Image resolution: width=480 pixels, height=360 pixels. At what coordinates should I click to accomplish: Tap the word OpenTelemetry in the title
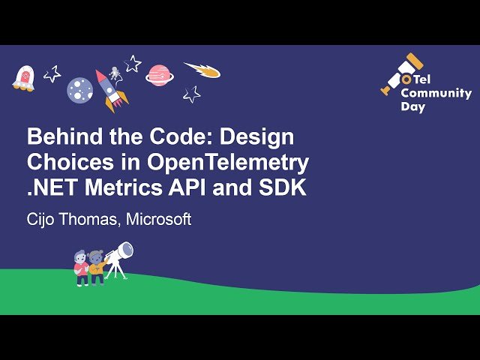[x=228, y=163]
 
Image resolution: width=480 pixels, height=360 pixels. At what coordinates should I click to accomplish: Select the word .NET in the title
[x=52, y=187]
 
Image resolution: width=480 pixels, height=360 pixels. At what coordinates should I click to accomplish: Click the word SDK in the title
[x=283, y=187]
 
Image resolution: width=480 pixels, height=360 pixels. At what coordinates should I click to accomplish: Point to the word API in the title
[x=187, y=187]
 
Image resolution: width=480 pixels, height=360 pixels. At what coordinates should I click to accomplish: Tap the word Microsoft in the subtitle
[x=158, y=219]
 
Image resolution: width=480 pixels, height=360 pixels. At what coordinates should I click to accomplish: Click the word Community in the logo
[x=436, y=93]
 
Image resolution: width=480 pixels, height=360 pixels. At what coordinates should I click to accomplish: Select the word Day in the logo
[x=413, y=107]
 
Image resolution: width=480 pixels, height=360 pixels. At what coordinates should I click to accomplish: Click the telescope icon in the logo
[x=402, y=73]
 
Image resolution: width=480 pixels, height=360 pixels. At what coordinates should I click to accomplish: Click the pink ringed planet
[x=159, y=76]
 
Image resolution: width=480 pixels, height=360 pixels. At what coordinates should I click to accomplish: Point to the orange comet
[x=202, y=70]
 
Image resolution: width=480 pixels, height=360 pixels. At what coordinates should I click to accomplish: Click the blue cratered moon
[x=80, y=90]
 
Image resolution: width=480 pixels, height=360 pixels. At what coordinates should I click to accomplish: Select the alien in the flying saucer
[x=23, y=79]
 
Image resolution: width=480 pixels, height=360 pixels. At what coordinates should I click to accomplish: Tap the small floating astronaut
[x=115, y=73]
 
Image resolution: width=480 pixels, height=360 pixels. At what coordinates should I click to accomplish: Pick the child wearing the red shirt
[x=81, y=268]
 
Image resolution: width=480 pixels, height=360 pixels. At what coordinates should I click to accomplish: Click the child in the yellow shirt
[x=97, y=267]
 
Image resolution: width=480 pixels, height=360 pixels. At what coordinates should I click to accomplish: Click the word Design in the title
[x=256, y=138]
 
